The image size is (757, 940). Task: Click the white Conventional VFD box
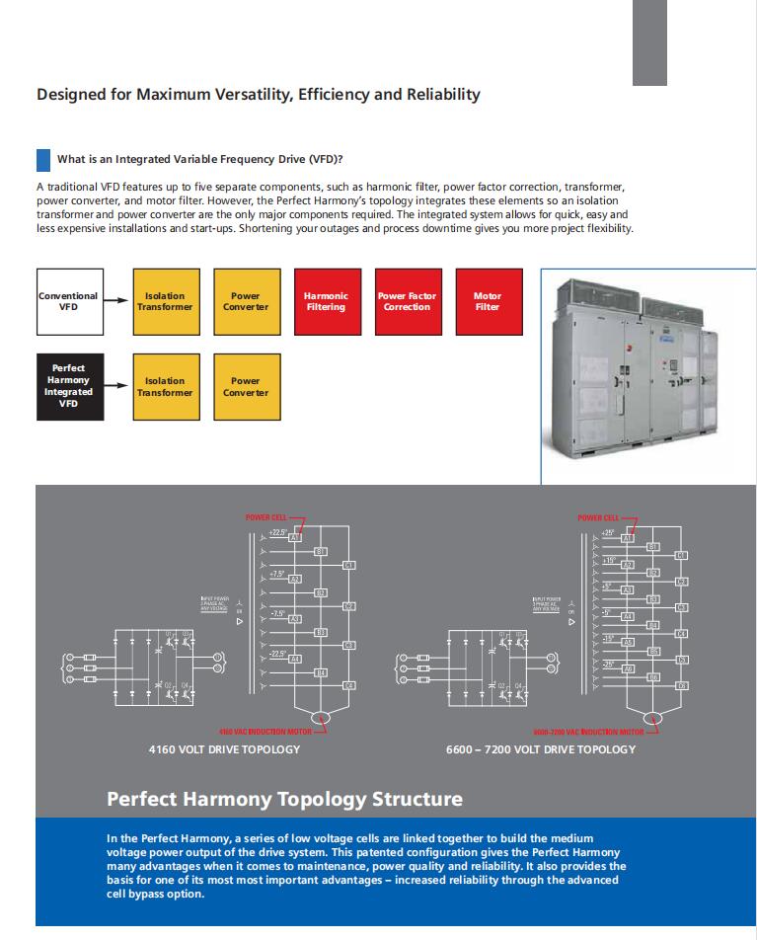coord(68,301)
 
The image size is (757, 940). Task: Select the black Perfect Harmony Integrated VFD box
coord(68,385)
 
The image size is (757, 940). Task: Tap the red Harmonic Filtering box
coord(326,301)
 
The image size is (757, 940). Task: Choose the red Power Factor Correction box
coord(407,301)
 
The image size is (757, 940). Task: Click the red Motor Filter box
coord(488,301)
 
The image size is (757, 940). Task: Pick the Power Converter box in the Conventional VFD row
coord(245,301)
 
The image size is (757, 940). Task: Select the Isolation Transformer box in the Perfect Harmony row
coord(165,385)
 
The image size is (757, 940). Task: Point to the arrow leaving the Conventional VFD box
coord(116,301)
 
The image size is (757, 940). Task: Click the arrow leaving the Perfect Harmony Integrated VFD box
coord(116,386)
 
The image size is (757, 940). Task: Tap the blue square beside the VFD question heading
coord(42,159)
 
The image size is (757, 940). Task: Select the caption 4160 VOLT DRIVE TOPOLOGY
coord(224,749)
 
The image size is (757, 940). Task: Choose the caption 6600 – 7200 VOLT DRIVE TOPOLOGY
coord(541,749)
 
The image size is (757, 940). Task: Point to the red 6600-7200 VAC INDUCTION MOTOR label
coord(587,733)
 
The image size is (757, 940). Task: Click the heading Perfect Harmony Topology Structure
coord(283,797)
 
